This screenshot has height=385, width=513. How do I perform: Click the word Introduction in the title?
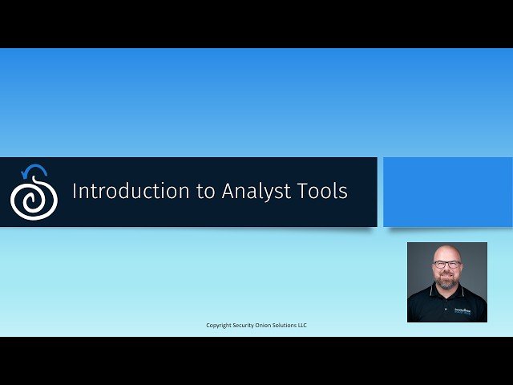coord(117,192)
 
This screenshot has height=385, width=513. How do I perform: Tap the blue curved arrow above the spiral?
coord(34,169)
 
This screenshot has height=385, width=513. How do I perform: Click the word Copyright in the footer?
coord(220,325)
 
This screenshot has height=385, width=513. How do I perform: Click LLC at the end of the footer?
coord(302,325)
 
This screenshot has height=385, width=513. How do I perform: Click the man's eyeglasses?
coord(446,265)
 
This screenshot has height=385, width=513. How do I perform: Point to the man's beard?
coord(446,283)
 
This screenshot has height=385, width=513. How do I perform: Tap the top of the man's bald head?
coord(446,249)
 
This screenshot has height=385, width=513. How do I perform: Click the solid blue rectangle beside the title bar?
coord(447,192)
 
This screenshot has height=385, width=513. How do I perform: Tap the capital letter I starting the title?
coord(75,192)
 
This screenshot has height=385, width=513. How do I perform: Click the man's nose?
coord(446,270)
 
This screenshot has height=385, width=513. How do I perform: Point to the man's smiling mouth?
coord(446,277)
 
